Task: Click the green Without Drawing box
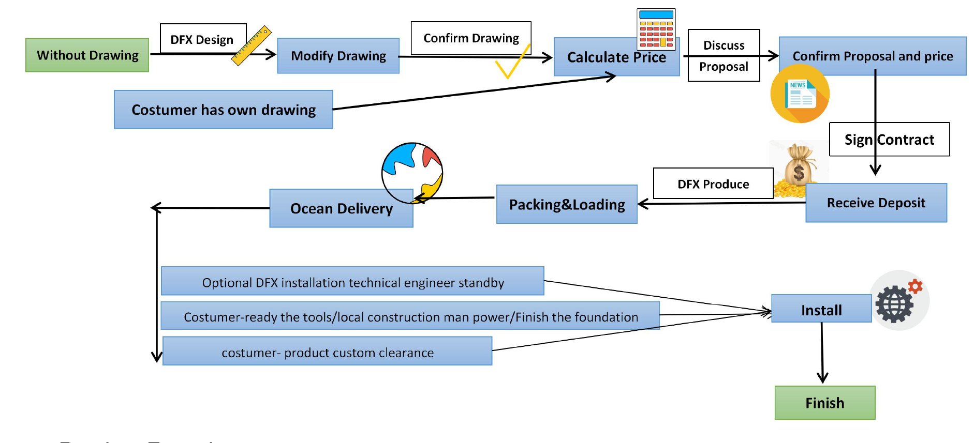point(87,55)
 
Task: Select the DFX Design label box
point(202,39)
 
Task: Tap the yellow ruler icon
point(252,46)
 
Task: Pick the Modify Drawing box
point(338,56)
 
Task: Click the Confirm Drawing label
point(470,38)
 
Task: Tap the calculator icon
point(656,29)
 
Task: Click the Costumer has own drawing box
point(223,110)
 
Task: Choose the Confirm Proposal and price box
point(872,56)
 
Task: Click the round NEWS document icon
point(800,94)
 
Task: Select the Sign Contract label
point(889,140)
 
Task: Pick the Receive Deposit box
point(876,203)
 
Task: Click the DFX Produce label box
point(713,184)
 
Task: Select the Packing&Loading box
point(567,205)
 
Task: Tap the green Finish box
point(824,403)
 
